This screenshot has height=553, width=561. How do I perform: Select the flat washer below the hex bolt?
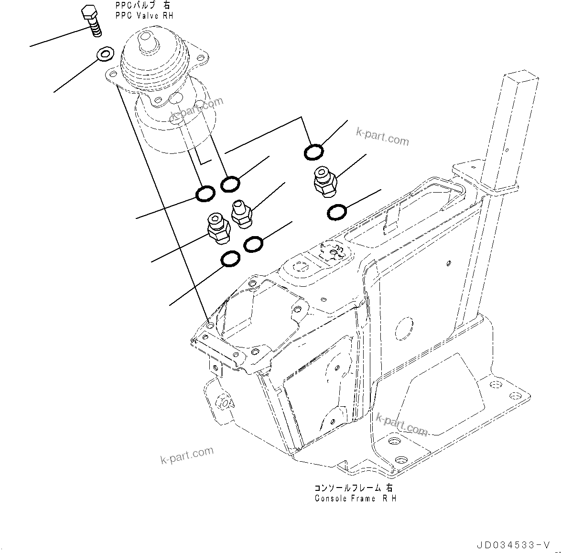(104, 54)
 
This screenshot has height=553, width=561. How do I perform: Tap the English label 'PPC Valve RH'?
(144, 16)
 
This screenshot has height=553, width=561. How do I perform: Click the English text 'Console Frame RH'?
(355, 498)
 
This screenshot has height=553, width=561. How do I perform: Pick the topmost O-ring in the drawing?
(313, 152)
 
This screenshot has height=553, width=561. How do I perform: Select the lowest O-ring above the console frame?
(231, 259)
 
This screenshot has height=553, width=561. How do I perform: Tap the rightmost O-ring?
(337, 212)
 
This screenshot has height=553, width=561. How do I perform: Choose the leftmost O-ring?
(205, 193)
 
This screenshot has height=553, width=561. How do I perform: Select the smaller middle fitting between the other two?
(240, 213)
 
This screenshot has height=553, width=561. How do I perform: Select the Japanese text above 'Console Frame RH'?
(354, 488)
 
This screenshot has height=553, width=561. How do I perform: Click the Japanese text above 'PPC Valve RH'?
(142, 6)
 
